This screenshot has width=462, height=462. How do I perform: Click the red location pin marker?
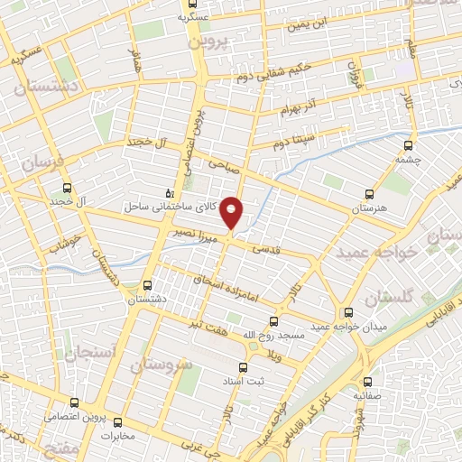click(232, 211)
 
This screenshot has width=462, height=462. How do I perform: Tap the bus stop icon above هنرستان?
click(368, 194)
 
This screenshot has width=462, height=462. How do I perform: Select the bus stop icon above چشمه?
click(409, 144)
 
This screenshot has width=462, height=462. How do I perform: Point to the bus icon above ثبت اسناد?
click(242, 367)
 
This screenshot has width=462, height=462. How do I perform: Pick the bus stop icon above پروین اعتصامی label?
click(76, 403)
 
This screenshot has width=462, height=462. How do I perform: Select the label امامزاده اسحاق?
click(226, 288)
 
